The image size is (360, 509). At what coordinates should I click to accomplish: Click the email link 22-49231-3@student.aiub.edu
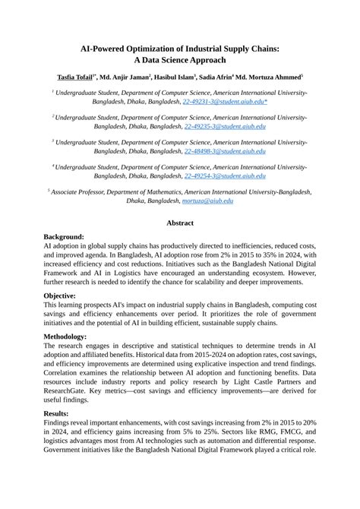point(226,100)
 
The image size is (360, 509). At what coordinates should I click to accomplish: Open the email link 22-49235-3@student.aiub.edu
point(225,127)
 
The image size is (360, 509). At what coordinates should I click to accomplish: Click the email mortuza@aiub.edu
point(207,201)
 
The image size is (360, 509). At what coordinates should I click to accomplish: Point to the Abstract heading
point(180,223)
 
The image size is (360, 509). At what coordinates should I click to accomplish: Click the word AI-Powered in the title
point(111,48)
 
